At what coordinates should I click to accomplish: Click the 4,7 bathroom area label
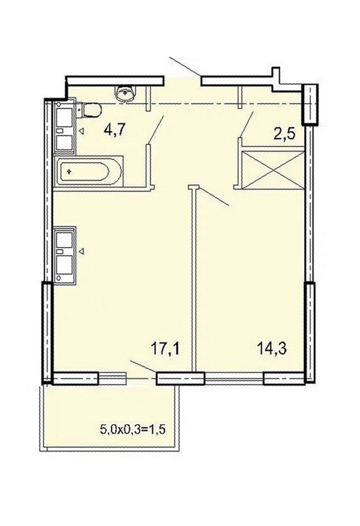(x=115, y=130)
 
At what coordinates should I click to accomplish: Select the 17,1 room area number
(x=166, y=349)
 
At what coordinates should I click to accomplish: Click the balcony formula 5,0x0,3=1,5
(x=133, y=429)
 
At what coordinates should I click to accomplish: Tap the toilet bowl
(x=91, y=110)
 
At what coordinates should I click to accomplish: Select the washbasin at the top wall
(x=126, y=93)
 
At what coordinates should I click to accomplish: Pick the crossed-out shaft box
(x=272, y=170)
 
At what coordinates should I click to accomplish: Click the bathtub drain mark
(x=69, y=172)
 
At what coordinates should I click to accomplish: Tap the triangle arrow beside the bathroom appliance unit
(x=81, y=131)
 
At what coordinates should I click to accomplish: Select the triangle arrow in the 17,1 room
(x=81, y=251)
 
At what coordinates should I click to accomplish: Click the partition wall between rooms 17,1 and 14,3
(x=193, y=279)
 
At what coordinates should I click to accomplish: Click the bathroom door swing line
(x=156, y=130)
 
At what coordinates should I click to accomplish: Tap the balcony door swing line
(x=143, y=367)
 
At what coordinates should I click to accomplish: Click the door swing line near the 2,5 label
(x=247, y=124)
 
